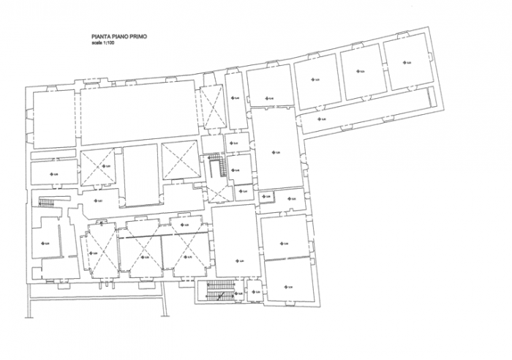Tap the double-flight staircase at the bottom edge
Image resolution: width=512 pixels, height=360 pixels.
[x=219, y=291]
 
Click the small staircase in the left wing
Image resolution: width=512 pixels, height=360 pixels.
[x=47, y=203]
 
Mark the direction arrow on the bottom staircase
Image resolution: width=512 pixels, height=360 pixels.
[x=219, y=295]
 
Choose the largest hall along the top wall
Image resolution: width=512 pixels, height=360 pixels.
[x=137, y=113]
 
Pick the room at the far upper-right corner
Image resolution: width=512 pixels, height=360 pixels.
[x=407, y=62]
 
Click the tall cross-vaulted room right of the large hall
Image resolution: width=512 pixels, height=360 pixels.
[x=211, y=106]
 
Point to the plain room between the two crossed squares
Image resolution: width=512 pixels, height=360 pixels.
[x=140, y=174]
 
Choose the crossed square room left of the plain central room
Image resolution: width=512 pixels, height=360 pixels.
[x=97, y=166]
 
